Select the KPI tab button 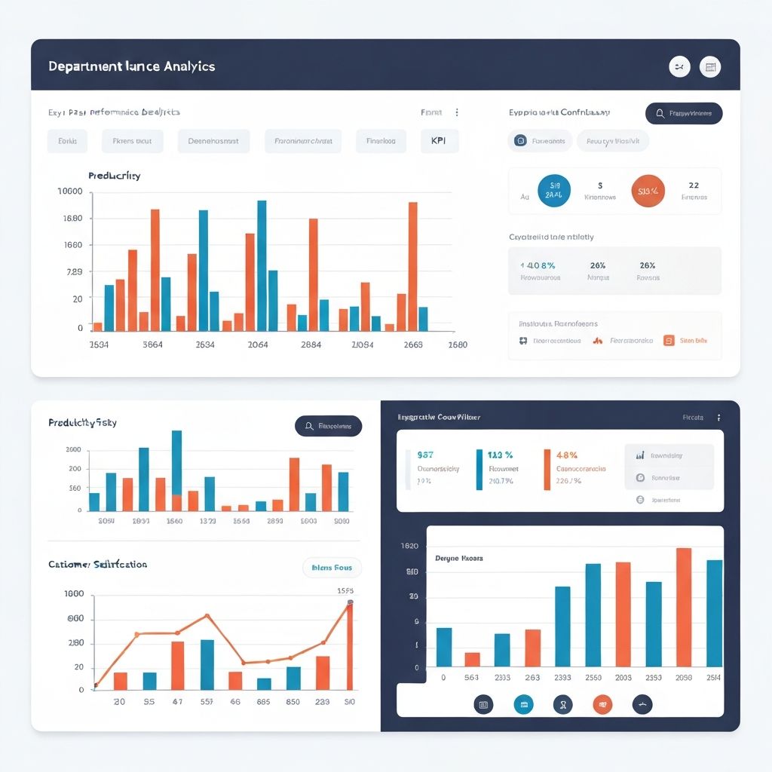pos(438,141)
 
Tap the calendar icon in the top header pos(709,67)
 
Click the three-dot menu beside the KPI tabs pos(457,112)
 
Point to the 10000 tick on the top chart pos(69,191)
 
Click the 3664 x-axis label pos(152,345)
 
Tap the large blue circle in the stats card pos(554,191)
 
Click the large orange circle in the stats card pos(648,191)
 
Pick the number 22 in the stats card pos(694,185)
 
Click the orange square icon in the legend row pos(669,340)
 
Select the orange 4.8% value pos(566,455)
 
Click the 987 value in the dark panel pos(425,455)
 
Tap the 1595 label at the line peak pos(345,591)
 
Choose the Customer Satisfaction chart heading pos(97,564)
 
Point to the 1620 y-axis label pos(409,545)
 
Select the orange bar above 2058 pos(684,607)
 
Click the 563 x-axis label pos(471,677)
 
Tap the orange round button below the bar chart pos(602,704)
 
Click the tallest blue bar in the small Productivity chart pos(176,461)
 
